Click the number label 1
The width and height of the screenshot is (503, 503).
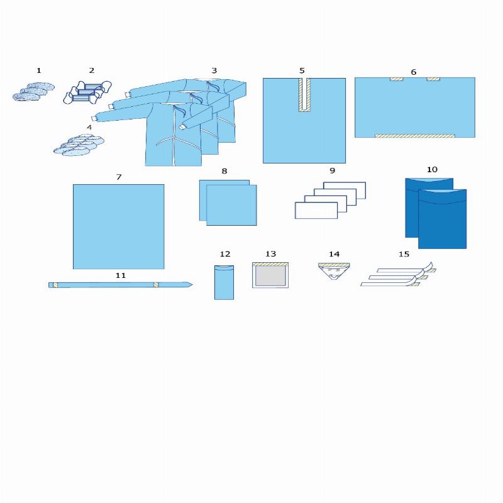[x=39, y=70]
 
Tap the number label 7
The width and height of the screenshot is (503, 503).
[x=119, y=177]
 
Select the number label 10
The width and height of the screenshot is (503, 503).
[x=432, y=169]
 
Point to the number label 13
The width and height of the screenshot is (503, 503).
[x=270, y=254]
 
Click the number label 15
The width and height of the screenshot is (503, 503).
[x=404, y=254]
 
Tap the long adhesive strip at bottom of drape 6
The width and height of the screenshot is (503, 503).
[x=415, y=136]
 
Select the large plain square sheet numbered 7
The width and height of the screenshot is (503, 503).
[x=119, y=226]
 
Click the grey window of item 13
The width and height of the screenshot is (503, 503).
[x=270, y=276]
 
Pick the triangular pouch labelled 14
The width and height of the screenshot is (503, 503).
[x=334, y=271]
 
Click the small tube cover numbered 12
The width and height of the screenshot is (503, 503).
[x=224, y=282]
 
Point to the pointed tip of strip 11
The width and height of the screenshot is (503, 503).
[x=192, y=284]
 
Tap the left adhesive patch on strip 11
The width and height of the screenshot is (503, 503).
[x=55, y=285]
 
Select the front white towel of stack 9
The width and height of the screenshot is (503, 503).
[x=316, y=211]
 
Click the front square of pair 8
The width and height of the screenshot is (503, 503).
[x=231, y=205]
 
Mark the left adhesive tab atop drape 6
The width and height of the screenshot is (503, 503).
[x=397, y=79]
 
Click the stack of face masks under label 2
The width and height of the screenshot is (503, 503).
[x=87, y=92]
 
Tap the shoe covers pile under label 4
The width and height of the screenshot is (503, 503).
[x=79, y=145]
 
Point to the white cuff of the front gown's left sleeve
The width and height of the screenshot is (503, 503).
[x=94, y=118]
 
